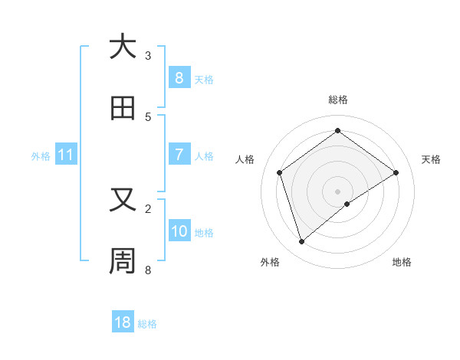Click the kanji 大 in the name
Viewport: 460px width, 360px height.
tap(123, 47)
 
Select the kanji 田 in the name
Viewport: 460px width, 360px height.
tap(123, 108)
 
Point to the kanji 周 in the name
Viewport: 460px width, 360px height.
tap(123, 260)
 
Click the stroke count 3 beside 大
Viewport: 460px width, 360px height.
tap(148, 56)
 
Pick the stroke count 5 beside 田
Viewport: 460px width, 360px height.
tap(148, 117)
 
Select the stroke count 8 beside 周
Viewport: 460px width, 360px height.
tap(148, 270)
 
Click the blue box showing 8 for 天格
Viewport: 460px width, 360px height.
tap(179, 77)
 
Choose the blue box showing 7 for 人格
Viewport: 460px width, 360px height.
tap(179, 154)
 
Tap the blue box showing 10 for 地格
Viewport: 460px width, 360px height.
tap(179, 231)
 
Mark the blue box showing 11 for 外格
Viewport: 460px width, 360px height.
tap(66, 155)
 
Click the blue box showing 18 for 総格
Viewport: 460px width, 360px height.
tap(123, 322)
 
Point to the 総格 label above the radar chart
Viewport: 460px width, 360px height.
tap(338, 100)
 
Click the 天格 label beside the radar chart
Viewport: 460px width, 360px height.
tap(432, 159)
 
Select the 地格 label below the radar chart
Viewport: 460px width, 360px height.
tap(402, 262)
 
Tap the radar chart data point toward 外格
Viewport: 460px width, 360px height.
tap(301, 242)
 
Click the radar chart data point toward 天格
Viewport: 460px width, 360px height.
tap(396, 172)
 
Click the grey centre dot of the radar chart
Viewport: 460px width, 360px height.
tap(338, 191)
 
